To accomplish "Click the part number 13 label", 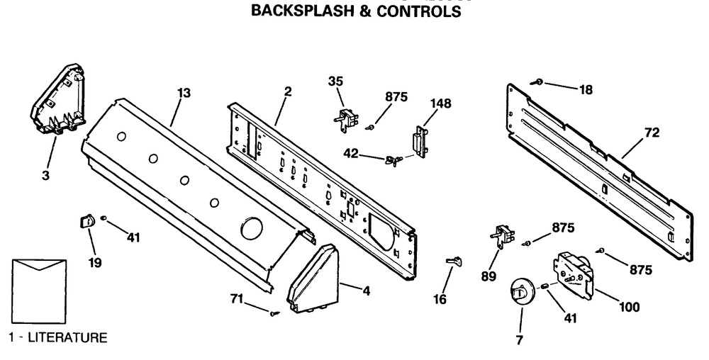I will coord(184,92).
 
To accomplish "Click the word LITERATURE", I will coord(67,338).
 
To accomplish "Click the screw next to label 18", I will coord(540,84).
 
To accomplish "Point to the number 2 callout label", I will coord(288,92).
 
